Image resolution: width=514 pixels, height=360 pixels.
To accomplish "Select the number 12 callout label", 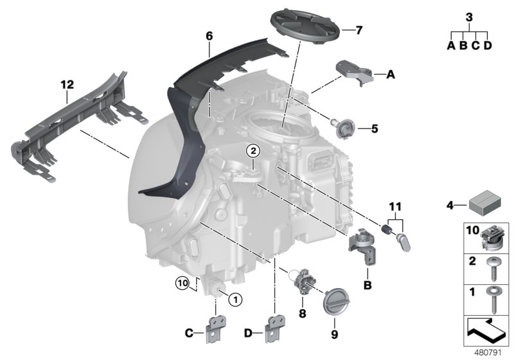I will click(x=67, y=84).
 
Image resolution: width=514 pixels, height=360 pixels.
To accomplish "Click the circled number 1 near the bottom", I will click(x=235, y=298).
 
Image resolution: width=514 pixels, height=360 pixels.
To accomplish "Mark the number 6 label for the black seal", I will click(x=209, y=37).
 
